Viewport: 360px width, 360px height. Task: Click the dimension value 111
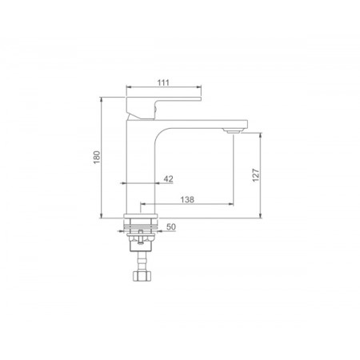(x=163, y=82)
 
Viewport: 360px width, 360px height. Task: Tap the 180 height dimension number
(x=97, y=158)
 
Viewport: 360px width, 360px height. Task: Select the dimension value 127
(x=256, y=175)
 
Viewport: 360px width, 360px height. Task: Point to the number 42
(x=168, y=179)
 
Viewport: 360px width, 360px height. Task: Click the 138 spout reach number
(x=187, y=199)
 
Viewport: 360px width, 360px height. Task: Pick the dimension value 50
(x=171, y=227)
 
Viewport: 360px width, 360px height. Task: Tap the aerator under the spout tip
(x=233, y=130)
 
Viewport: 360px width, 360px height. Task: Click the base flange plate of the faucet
(x=141, y=216)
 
